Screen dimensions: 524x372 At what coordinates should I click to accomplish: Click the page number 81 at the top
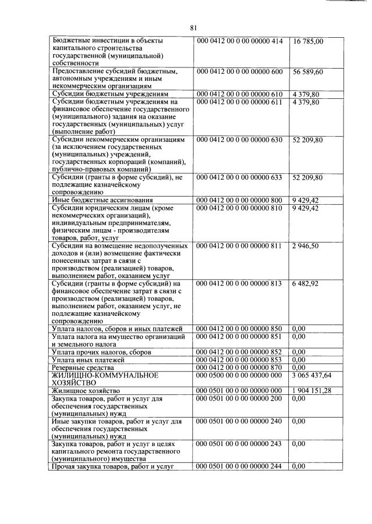pos(194,27)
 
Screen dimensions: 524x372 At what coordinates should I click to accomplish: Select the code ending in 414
pos(240,41)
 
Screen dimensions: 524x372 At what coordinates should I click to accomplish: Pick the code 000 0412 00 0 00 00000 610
pos(240,94)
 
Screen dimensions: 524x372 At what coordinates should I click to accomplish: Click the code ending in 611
pos(240,102)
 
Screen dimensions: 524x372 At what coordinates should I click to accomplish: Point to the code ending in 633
pos(240,177)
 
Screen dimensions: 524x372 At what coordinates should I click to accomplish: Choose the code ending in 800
pos(240,200)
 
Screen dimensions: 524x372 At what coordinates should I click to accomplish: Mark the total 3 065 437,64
pos(312,375)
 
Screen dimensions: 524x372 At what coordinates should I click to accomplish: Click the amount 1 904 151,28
pos(312,391)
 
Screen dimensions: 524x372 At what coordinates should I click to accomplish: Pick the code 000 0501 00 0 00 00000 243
pos(240,444)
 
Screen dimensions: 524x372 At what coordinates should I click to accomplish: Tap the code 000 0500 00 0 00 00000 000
pos(240,376)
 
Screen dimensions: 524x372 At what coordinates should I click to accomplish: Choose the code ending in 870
pos(240,368)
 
